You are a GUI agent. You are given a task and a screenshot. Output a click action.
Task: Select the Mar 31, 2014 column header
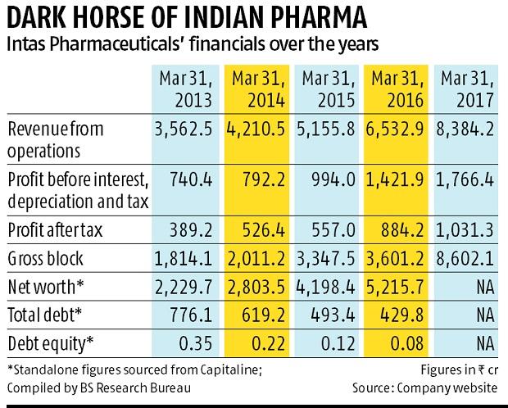coord(258,89)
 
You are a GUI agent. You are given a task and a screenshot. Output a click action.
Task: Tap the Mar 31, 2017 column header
coord(467,89)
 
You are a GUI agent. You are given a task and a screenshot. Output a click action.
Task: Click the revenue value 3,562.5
coord(184,129)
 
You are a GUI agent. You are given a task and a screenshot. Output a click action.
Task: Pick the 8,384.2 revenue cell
coord(465,129)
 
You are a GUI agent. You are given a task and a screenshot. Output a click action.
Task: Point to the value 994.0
coord(333,180)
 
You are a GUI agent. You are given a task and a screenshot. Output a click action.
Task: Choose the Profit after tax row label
coord(55,230)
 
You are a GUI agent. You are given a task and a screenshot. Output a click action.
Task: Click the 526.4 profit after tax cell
coord(263,230)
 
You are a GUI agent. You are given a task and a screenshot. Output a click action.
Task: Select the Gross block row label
coord(45,259)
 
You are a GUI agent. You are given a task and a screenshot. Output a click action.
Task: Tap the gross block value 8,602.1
coord(465,259)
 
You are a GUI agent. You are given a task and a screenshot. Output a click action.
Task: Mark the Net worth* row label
coord(46,287)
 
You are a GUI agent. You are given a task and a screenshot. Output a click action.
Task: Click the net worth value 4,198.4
coord(325,288)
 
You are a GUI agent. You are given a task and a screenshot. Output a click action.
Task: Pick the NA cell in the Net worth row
coord(485,288)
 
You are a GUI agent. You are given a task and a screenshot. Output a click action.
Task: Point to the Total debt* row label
coord(45,315)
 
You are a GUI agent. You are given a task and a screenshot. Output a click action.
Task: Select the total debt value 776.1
coord(191,315)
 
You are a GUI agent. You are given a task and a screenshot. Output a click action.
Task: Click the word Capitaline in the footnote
coord(230,369)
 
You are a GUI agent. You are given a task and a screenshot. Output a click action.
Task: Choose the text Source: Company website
coord(424,388)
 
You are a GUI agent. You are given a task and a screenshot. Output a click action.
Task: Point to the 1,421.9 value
coord(395,180)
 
